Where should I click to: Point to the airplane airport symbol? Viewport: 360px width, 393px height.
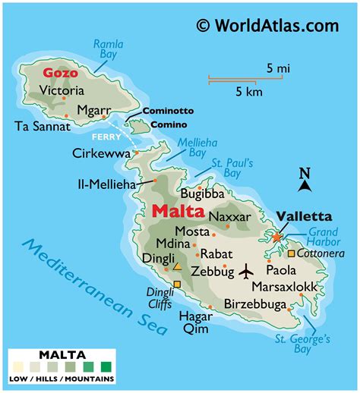pyautogui.click(x=247, y=270)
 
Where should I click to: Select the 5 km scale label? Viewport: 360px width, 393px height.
pyautogui.click(x=248, y=93)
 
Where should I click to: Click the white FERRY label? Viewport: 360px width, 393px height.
pyautogui.click(x=102, y=137)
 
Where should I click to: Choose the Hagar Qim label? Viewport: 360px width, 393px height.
pyautogui.click(x=196, y=322)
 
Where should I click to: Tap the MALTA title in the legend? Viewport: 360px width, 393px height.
pyautogui.click(x=62, y=354)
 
